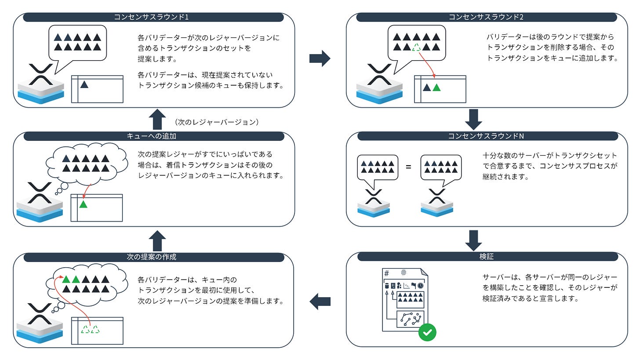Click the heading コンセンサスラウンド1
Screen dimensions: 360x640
coord(153,17)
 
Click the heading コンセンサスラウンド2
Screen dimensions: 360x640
coord(487,17)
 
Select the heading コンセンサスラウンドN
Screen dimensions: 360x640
coord(487,136)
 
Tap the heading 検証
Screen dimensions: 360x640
coord(487,257)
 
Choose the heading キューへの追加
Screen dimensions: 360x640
coord(153,136)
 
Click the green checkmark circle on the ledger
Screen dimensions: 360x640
coord(427,333)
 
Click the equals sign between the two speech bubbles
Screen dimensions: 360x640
coord(408,167)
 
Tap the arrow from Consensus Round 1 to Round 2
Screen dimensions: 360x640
coord(320,58)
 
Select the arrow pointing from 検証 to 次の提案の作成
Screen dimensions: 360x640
coord(320,302)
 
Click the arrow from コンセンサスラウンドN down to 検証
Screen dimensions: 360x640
coord(473,240)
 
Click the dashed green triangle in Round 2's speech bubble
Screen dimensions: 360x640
coord(416,47)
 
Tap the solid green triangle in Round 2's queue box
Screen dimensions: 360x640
coord(436,87)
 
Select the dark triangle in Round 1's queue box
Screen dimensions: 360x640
coord(85,84)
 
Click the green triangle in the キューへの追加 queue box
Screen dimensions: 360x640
coord(84,204)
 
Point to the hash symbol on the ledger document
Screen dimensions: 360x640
coord(387,273)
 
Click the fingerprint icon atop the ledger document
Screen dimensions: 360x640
coord(404,273)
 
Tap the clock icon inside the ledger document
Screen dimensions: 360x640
coord(421,286)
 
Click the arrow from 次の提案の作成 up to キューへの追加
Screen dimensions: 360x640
coord(157,240)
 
